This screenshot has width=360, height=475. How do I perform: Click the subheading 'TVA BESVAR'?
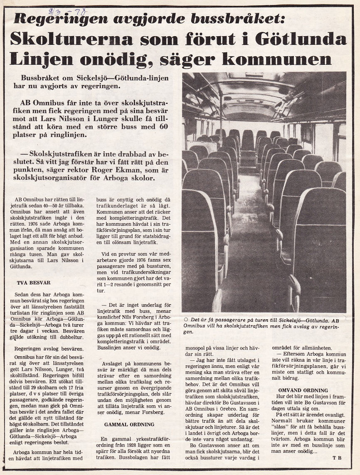pos(33,283)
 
